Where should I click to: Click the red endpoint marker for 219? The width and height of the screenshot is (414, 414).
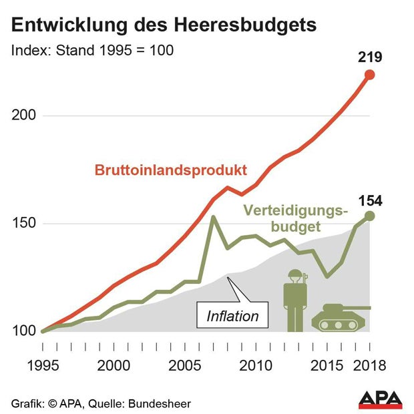click(x=369, y=75)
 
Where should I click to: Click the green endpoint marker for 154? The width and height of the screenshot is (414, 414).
click(x=369, y=216)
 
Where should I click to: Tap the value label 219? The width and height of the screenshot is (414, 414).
click(x=369, y=57)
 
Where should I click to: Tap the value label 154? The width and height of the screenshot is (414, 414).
click(x=369, y=200)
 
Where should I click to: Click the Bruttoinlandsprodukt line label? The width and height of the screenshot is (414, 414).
click(x=171, y=169)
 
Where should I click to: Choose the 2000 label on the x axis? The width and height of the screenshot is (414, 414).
click(x=114, y=366)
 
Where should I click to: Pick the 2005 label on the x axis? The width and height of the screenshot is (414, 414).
click(x=184, y=366)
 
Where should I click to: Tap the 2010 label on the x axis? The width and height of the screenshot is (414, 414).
click(x=254, y=366)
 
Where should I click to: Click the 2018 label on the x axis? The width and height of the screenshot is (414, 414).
click(x=369, y=366)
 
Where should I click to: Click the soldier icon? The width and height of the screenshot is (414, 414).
click(x=293, y=300)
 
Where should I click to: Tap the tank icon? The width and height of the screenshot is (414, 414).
click(x=341, y=317)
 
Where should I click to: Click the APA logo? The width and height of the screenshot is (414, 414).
click(x=381, y=399)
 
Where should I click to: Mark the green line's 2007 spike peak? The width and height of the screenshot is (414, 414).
click(x=212, y=216)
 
